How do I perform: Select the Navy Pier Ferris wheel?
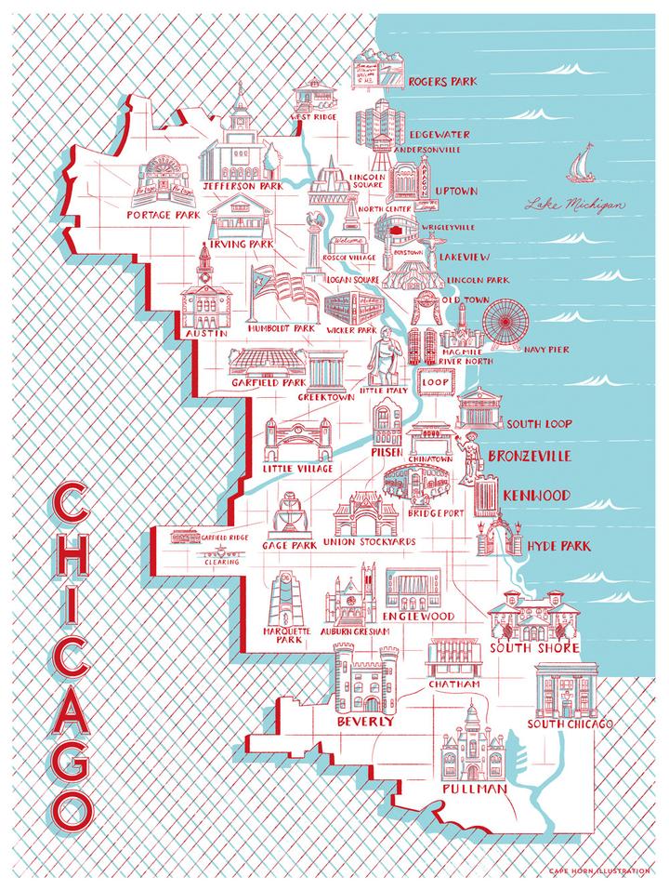pyautogui.click(x=506, y=325)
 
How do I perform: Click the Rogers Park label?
pyautogui.click(x=442, y=81)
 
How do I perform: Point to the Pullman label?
pyautogui.click(x=475, y=789)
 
